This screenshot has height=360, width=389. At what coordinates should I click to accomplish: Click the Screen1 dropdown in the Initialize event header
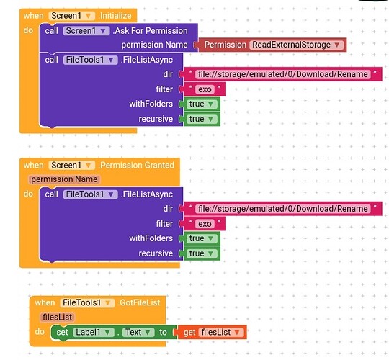tap(72, 16)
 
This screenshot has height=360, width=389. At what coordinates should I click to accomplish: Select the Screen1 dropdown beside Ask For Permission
tap(86, 31)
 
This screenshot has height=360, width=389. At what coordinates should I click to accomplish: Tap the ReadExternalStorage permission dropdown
tap(297, 45)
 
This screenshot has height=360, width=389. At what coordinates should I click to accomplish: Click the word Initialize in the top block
tap(115, 16)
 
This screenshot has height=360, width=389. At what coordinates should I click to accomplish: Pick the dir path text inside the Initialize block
tap(283, 74)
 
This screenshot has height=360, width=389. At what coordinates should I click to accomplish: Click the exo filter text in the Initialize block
tap(205, 89)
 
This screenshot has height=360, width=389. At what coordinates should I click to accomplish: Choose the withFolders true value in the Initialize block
tap(201, 104)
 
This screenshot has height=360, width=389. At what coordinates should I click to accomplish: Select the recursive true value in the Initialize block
tap(201, 119)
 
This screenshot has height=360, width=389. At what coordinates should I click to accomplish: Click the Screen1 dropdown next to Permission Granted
tap(72, 165)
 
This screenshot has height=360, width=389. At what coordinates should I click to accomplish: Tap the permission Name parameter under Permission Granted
tap(65, 179)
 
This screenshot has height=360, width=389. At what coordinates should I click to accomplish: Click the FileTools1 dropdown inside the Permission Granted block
tap(90, 194)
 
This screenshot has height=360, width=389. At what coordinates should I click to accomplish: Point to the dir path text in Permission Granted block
tap(283, 209)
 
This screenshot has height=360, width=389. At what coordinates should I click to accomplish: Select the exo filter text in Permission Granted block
tap(205, 224)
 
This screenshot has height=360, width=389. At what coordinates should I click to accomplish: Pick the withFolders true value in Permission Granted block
tap(201, 238)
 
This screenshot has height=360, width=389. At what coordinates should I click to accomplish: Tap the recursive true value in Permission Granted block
tap(201, 253)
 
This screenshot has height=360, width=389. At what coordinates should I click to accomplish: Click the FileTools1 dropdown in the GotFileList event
tap(87, 302)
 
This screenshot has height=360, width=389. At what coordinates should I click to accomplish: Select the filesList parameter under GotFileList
tap(57, 317)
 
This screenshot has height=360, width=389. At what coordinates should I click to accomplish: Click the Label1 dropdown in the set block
tap(94, 332)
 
